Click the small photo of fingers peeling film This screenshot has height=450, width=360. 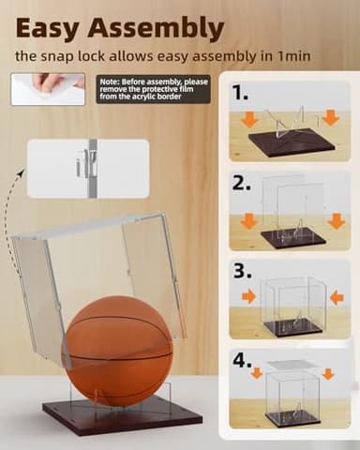[48, 88]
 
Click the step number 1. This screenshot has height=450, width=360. [242, 93]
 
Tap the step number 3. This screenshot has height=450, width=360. [243, 272]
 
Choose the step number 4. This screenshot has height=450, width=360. [243, 361]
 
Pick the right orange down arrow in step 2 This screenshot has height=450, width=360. [336, 220]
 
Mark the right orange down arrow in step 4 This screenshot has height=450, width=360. [328, 374]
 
